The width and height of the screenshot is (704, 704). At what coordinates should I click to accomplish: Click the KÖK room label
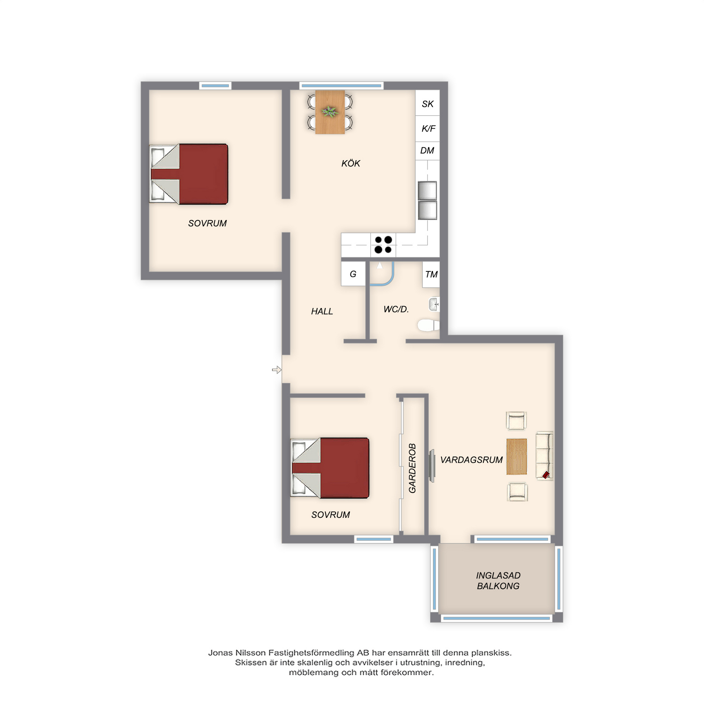351,163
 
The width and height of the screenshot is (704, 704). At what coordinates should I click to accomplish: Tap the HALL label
322,311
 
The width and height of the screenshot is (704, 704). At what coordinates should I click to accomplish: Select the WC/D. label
396,309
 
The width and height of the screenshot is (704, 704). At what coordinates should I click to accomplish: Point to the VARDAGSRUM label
471,460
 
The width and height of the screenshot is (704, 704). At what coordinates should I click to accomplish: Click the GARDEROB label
412,468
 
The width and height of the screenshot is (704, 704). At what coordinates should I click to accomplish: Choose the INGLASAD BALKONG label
498,581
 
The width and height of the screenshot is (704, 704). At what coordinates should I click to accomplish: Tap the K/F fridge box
428,129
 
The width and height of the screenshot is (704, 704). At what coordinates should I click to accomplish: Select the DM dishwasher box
428,151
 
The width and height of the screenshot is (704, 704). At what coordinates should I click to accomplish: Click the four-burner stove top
383,245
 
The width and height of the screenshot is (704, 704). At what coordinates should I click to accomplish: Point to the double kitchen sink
428,200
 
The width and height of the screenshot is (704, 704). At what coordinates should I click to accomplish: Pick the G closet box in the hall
353,274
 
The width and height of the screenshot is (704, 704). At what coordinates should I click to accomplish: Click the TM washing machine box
431,274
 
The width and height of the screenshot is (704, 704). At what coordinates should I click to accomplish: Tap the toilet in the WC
428,325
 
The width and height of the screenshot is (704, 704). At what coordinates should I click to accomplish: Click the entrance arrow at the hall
277,370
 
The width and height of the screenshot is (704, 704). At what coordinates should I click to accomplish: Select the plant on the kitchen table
330,111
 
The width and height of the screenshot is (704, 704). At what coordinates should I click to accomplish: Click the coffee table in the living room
517,456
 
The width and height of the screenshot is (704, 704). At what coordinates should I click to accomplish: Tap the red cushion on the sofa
546,475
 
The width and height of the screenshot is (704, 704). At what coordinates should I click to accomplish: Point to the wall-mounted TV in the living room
432,466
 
